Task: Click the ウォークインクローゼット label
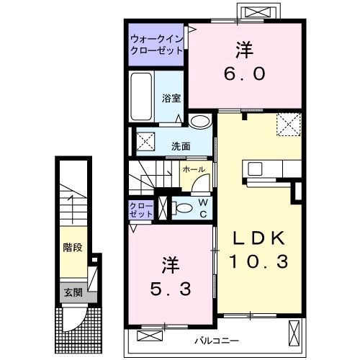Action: point(157,45)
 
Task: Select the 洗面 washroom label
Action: point(181,145)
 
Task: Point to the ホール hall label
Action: point(194,170)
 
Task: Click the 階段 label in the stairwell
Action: point(72,248)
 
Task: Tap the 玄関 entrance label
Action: point(72,292)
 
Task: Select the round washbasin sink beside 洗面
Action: point(202,122)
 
